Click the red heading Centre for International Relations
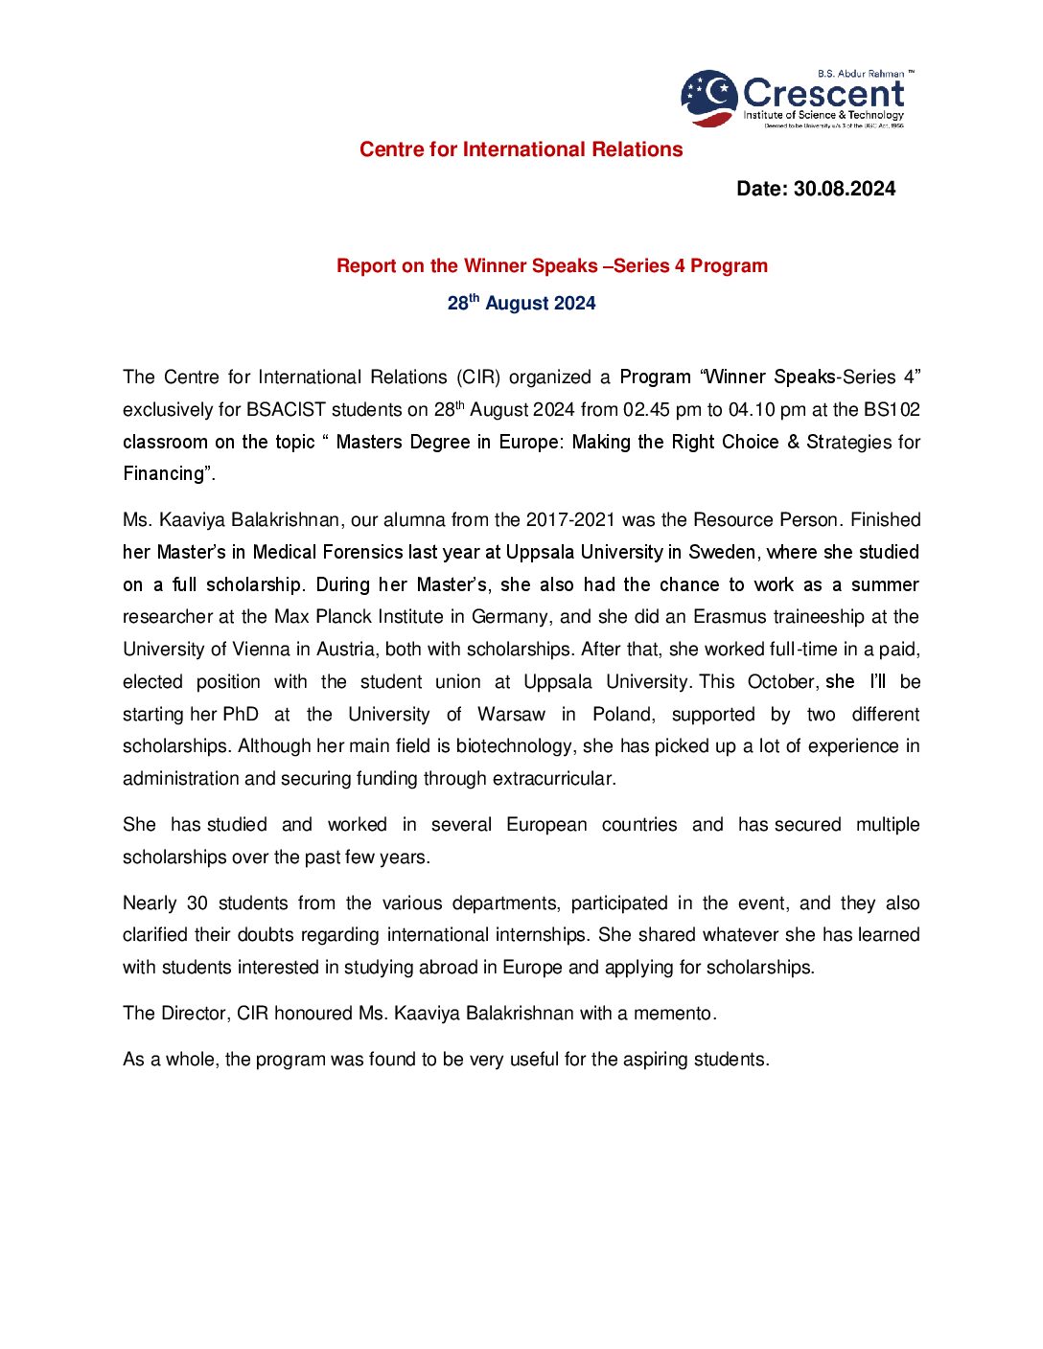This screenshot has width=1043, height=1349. pyautogui.click(x=521, y=149)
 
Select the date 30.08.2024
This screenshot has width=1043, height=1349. pyautogui.click(x=845, y=189)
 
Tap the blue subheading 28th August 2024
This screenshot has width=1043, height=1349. pyautogui.click(x=521, y=303)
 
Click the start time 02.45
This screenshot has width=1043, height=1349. pyautogui.click(x=646, y=410)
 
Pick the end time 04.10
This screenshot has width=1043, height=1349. pyautogui.click(x=752, y=410)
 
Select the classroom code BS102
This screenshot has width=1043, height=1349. pyautogui.click(x=892, y=410)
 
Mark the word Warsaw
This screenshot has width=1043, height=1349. pyautogui.click(x=511, y=715)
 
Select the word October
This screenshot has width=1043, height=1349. pyautogui.click(x=781, y=682)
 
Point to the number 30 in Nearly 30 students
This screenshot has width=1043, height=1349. pyautogui.click(x=197, y=903)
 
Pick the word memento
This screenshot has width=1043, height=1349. pyautogui.click(x=673, y=1014)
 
